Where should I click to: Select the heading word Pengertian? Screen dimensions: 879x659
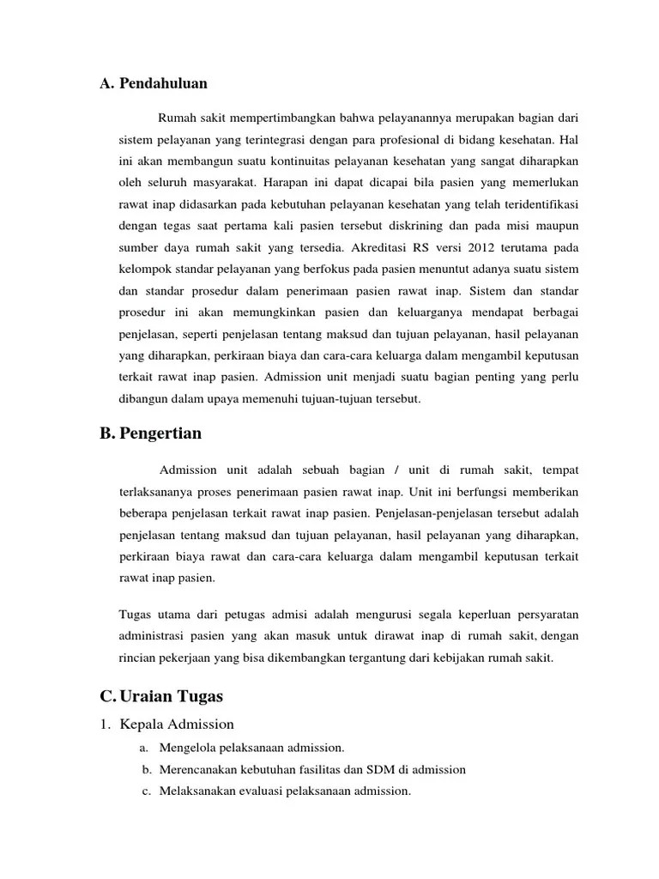pos(162,433)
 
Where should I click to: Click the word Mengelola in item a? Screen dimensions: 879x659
pos(186,748)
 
